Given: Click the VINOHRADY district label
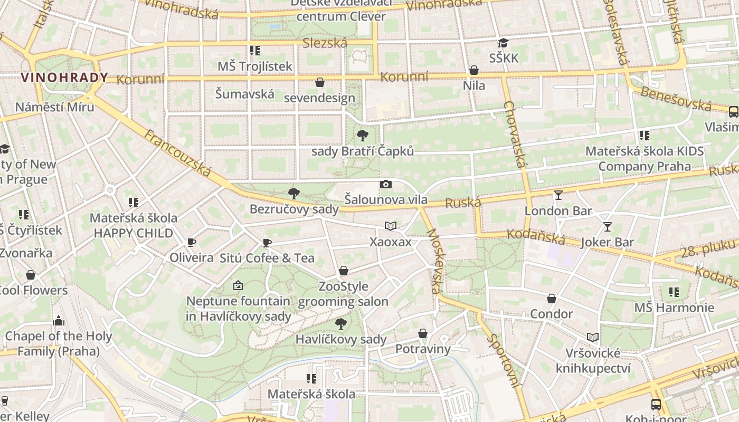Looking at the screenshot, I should (x=64, y=78).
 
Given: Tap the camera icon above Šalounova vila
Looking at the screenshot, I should (x=386, y=184).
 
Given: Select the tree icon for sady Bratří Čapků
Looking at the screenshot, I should (x=363, y=136).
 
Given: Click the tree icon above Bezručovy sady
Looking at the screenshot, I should (x=294, y=194).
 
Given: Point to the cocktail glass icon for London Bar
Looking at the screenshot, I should (x=558, y=195).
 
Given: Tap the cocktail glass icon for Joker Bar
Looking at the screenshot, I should (x=608, y=227).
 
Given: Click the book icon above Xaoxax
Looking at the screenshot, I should (x=391, y=226).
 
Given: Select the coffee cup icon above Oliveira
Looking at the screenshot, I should (x=192, y=242).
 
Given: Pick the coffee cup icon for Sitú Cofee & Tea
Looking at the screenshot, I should (x=267, y=243).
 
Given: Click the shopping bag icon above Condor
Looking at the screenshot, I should (x=552, y=299).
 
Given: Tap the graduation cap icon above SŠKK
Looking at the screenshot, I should (x=504, y=43).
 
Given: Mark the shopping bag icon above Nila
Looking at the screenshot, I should (x=474, y=70).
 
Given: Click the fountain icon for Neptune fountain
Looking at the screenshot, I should (x=238, y=285).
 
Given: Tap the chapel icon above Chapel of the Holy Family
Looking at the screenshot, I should (x=59, y=321).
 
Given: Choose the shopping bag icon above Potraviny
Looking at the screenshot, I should (x=423, y=333).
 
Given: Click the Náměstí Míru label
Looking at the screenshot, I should (x=54, y=107).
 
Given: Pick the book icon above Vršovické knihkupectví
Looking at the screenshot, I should (x=593, y=337).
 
